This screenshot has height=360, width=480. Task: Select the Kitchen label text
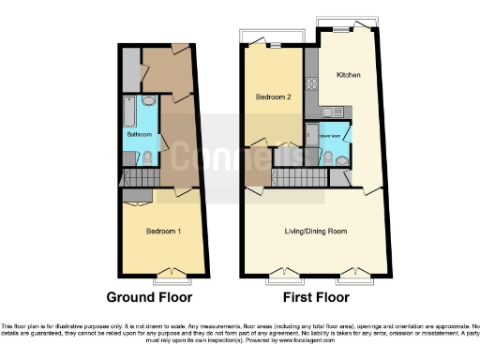[350, 74]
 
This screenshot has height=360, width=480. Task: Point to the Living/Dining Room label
[316, 231]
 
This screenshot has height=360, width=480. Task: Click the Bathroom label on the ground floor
[140, 134]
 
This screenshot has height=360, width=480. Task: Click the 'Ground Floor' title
[156, 296]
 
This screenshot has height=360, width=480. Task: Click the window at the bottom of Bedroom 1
[170, 275]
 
